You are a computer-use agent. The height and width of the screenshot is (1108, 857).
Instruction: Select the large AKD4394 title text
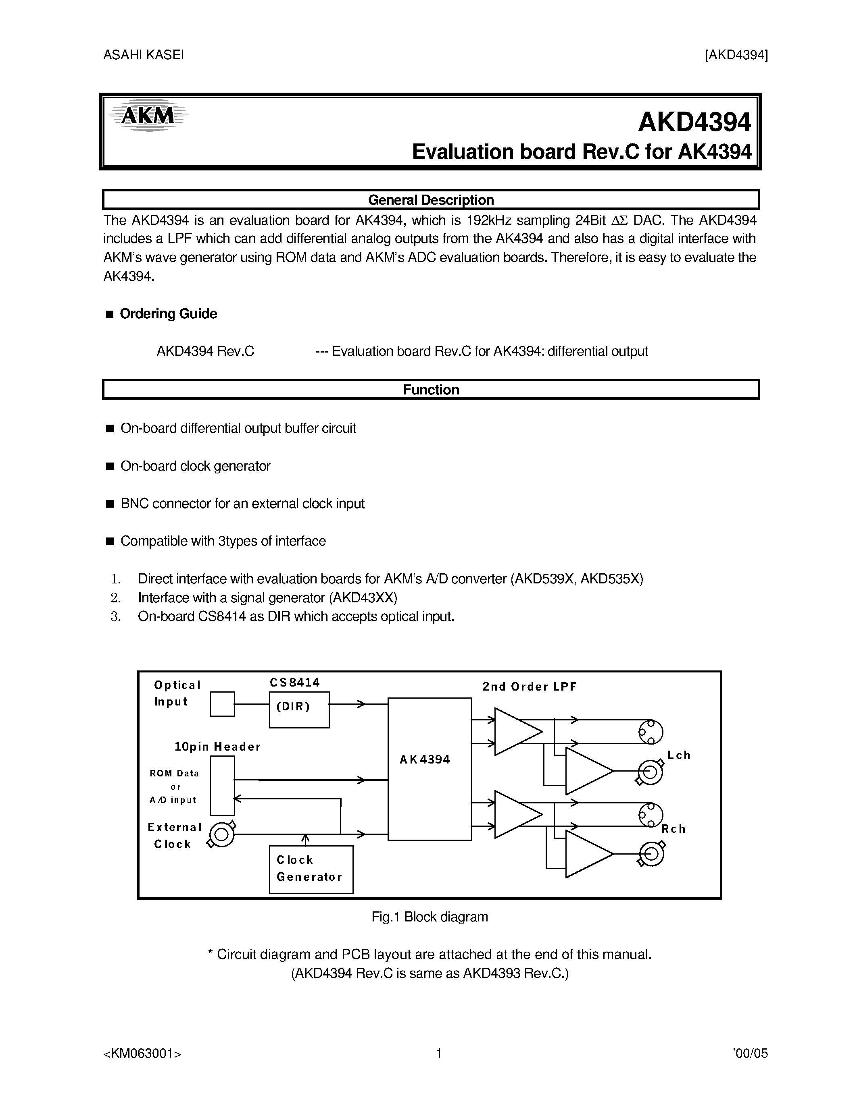coord(694,122)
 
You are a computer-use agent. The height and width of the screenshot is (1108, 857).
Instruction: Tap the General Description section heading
coord(431,200)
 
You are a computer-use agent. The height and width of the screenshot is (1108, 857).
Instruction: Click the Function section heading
coord(431,390)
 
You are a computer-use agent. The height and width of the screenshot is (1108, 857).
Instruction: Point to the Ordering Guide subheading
coord(168,314)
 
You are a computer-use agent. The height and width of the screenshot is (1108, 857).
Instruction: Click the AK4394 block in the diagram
coord(430,770)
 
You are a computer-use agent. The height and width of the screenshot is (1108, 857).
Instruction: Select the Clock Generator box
coord(311,869)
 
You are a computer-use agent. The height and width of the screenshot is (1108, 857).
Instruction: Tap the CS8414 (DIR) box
coord(299,709)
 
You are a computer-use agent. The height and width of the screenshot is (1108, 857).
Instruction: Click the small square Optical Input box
coord(222,703)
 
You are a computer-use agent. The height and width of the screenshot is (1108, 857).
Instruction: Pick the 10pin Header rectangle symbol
coord(222,785)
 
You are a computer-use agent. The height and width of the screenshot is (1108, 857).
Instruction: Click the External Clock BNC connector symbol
coord(222,834)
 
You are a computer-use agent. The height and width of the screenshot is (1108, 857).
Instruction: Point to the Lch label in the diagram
coord(679,755)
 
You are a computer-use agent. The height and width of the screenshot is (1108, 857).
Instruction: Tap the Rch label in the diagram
coord(673,829)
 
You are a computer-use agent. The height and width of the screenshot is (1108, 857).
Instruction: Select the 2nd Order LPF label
coord(529,687)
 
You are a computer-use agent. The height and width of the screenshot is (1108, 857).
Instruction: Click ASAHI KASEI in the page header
coord(143,55)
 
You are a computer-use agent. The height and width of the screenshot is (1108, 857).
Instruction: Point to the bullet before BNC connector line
coord(110,504)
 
